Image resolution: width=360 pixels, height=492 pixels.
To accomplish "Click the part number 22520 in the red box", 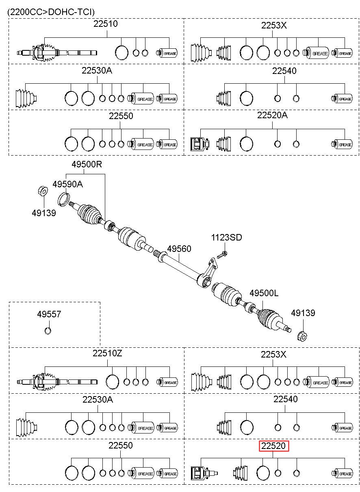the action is click(x=273, y=446).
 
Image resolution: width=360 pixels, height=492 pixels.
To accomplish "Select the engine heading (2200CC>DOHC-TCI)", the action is click(x=51, y=12).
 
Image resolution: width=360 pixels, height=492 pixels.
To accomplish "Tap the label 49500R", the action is click(x=87, y=164).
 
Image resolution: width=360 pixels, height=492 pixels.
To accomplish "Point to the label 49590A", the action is click(x=67, y=184).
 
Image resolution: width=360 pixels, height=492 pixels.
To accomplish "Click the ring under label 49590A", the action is click(x=64, y=199).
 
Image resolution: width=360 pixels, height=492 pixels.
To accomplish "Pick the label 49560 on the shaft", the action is click(x=179, y=249).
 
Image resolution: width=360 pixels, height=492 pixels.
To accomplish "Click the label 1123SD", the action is click(x=226, y=237).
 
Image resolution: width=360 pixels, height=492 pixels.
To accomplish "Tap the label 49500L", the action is click(x=264, y=293).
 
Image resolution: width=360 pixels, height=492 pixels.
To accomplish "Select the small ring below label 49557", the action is click(x=48, y=331).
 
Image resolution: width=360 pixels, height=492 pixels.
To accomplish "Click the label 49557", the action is click(x=49, y=314).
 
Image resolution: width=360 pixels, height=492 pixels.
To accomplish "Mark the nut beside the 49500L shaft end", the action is click(x=302, y=336).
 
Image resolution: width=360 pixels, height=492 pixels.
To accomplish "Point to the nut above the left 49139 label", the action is click(x=43, y=191).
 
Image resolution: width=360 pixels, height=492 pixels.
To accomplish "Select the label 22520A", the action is click(x=272, y=115).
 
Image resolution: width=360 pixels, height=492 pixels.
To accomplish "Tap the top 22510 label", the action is click(x=105, y=24).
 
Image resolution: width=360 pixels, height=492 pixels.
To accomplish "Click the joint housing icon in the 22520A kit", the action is click(x=200, y=144).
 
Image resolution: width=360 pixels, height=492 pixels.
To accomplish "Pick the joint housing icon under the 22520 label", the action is click(x=204, y=473).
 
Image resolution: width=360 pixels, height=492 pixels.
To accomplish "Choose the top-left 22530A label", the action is click(x=97, y=71).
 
